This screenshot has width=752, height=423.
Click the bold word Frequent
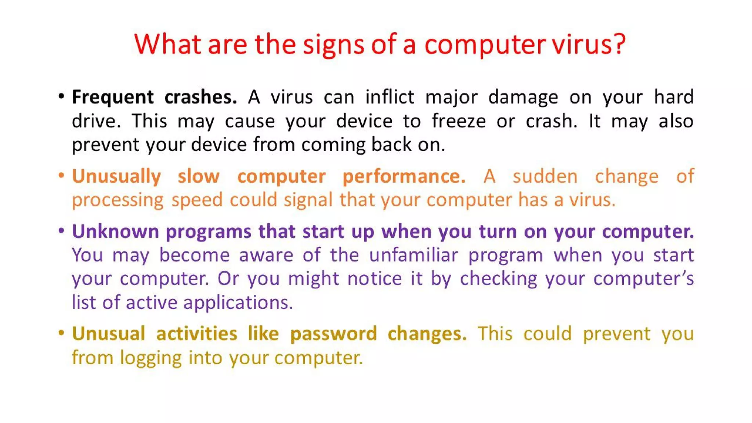click(x=113, y=97)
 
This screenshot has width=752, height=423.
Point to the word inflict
click(x=390, y=97)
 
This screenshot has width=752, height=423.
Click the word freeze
click(x=459, y=121)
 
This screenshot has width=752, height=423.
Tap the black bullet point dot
click(x=61, y=97)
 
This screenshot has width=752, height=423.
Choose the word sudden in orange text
click(x=545, y=177)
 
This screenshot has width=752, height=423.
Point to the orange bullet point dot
click(x=61, y=176)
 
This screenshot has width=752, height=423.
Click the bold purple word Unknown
click(x=115, y=231)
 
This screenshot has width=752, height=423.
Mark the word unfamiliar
click(x=413, y=255)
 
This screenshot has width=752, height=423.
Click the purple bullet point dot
click(x=61, y=231)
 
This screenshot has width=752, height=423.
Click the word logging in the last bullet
click(x=151, y=358)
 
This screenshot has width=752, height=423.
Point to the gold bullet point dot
click(x=61, y=333)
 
